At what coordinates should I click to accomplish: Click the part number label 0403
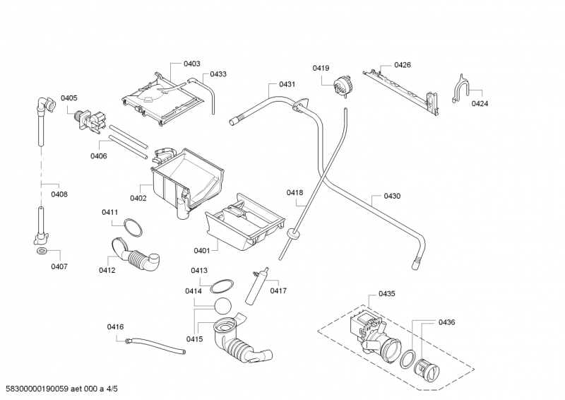(x=191, y=64)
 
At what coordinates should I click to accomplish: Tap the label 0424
(x=480, y=103)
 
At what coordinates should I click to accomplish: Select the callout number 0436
(x=446, y=322)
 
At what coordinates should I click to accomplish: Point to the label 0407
(x=59, y=266)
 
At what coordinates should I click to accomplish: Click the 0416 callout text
(x=115, y=327)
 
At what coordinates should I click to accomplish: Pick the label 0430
(x=392, y=196)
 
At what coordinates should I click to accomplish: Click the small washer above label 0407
(x=41, y=251)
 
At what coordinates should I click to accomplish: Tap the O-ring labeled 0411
(x=131, y=227)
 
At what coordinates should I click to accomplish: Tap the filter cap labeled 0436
(x=426, y=367)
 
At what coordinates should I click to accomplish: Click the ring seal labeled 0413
(x=222, y=284)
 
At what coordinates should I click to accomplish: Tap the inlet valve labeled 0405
(x=88, y=121)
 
